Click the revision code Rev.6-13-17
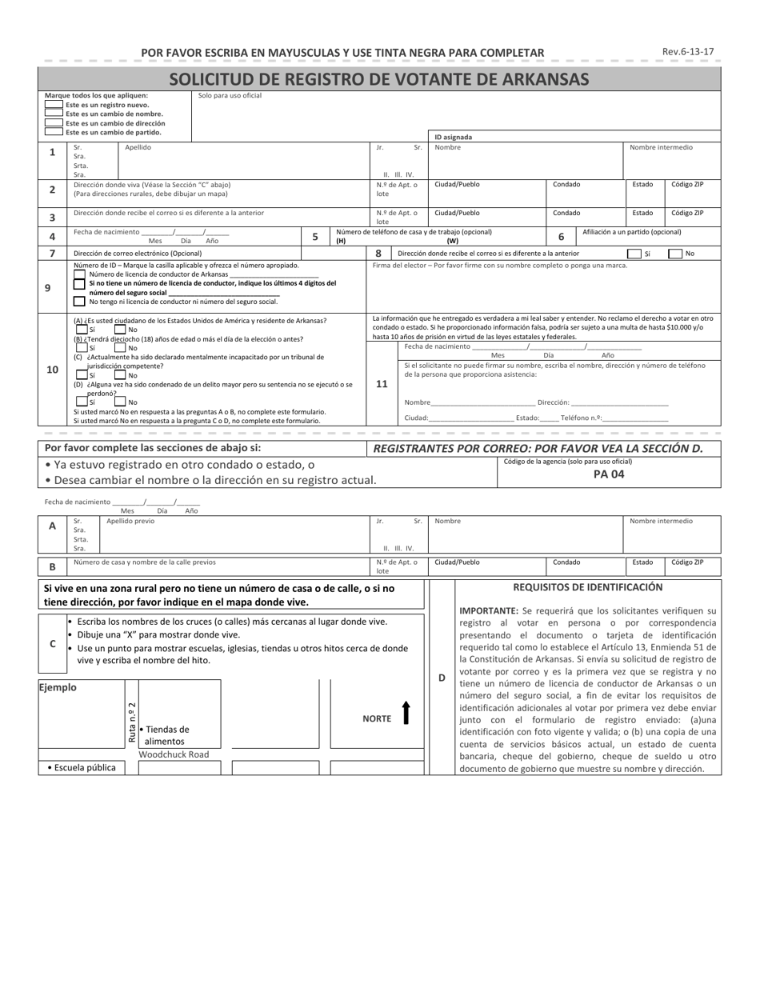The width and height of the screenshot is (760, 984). [x=688, y=52]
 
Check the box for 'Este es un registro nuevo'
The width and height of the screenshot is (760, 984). [x=54, y=105]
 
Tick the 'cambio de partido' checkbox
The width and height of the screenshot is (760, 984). [x=54, y=132]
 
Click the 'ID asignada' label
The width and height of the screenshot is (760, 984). [x=453, y=137]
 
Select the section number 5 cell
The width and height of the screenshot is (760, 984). [x=315, y=236]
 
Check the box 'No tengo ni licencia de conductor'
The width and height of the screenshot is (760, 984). [x=79, y=302]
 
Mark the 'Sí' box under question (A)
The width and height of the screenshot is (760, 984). [x=82, y=329]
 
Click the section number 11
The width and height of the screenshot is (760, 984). [x=382, y=384]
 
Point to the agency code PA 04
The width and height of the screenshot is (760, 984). [x=609, y=474]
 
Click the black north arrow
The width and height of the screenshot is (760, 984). [x=406, y=713]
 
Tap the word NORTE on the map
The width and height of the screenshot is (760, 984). [x=377, y=718]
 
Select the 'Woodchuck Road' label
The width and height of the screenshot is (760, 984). [x=174, y=754]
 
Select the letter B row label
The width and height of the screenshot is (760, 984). [x=52, y=566]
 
